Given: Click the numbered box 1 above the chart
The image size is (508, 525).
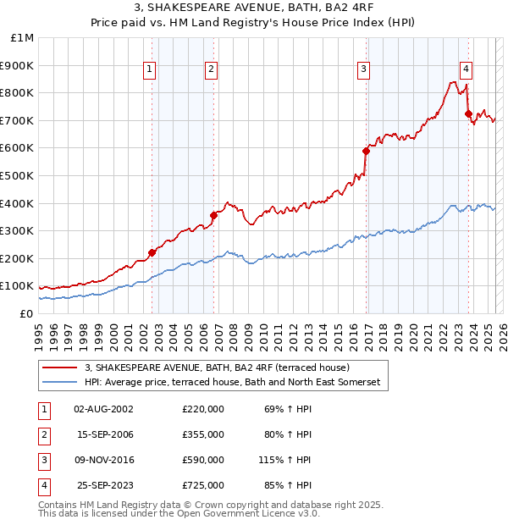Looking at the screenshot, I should [149, 70].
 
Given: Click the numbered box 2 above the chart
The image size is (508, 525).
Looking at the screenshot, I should [211, 70].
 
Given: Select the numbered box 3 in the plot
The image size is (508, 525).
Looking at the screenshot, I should [363, 70].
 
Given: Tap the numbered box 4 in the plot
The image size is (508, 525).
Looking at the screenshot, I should [467, 70].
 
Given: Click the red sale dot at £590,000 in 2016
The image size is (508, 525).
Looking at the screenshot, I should [367, 151].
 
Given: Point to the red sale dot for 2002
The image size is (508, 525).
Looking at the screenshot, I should [152, 252].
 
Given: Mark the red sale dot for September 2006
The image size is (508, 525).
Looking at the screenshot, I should [214, 215].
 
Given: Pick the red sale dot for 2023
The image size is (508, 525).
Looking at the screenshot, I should [468, 113].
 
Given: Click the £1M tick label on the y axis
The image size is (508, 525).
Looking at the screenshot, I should [23, 38].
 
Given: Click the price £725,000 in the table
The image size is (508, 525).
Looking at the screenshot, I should [203, 485].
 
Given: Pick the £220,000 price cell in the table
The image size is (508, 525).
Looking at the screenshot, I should [203, 409].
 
